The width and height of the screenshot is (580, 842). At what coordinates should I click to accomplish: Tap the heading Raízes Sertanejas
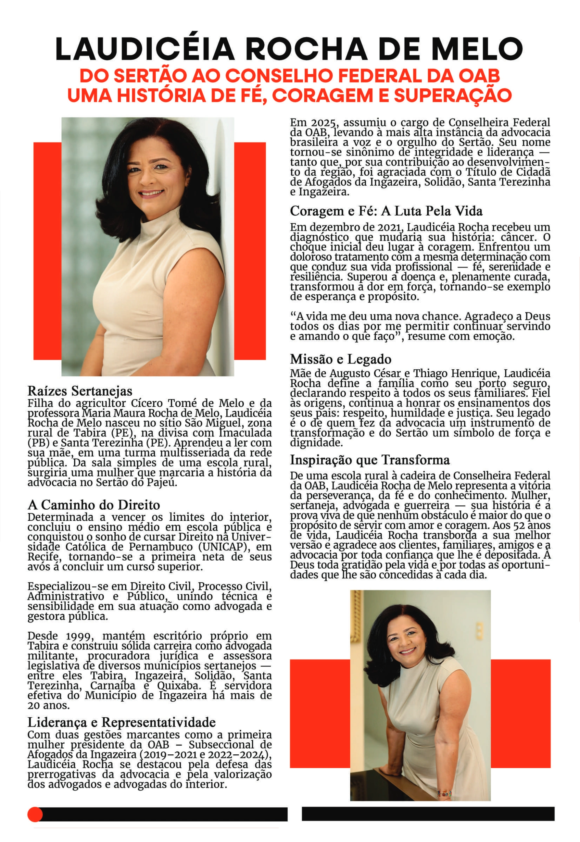pyautogui.click(x=80, y=391)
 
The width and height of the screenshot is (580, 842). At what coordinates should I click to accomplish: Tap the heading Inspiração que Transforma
pyautogui.click(x=370, y=460)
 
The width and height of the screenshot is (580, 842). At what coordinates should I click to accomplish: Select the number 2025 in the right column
pyautogui.click(x=322, y=123)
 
